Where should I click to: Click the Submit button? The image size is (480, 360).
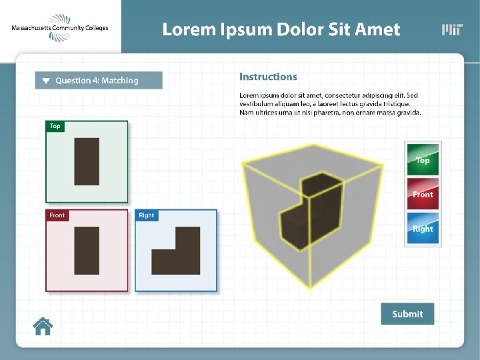[407, 314]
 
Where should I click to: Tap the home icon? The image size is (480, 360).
[43, 326]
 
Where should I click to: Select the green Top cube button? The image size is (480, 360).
[423, 159]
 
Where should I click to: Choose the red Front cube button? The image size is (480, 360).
[423, 194]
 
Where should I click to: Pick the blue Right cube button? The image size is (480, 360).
[423, 228]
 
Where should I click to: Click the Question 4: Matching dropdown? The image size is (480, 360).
[99, 81]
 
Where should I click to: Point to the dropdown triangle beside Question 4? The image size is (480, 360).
[46, 81]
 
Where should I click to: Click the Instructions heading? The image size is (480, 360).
[268, 77]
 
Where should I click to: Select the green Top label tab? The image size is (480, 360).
[55, 126]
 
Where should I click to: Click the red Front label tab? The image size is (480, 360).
[57, 215]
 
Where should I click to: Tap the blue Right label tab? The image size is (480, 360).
[147, 215]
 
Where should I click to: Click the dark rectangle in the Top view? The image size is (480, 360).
[87, 161]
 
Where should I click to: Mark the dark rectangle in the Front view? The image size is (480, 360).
[87, 251]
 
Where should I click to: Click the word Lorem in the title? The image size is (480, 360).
[189, 29]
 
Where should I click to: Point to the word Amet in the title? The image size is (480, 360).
[377, 29]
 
